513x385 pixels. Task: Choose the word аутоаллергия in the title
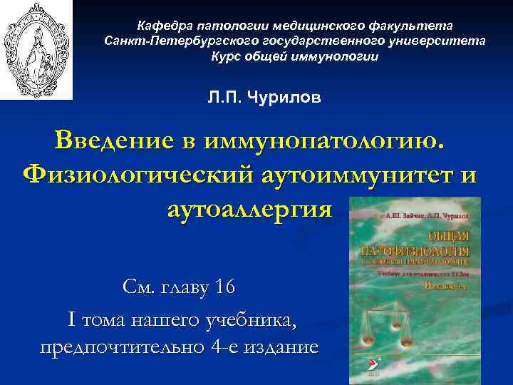(x=249, y=209)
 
